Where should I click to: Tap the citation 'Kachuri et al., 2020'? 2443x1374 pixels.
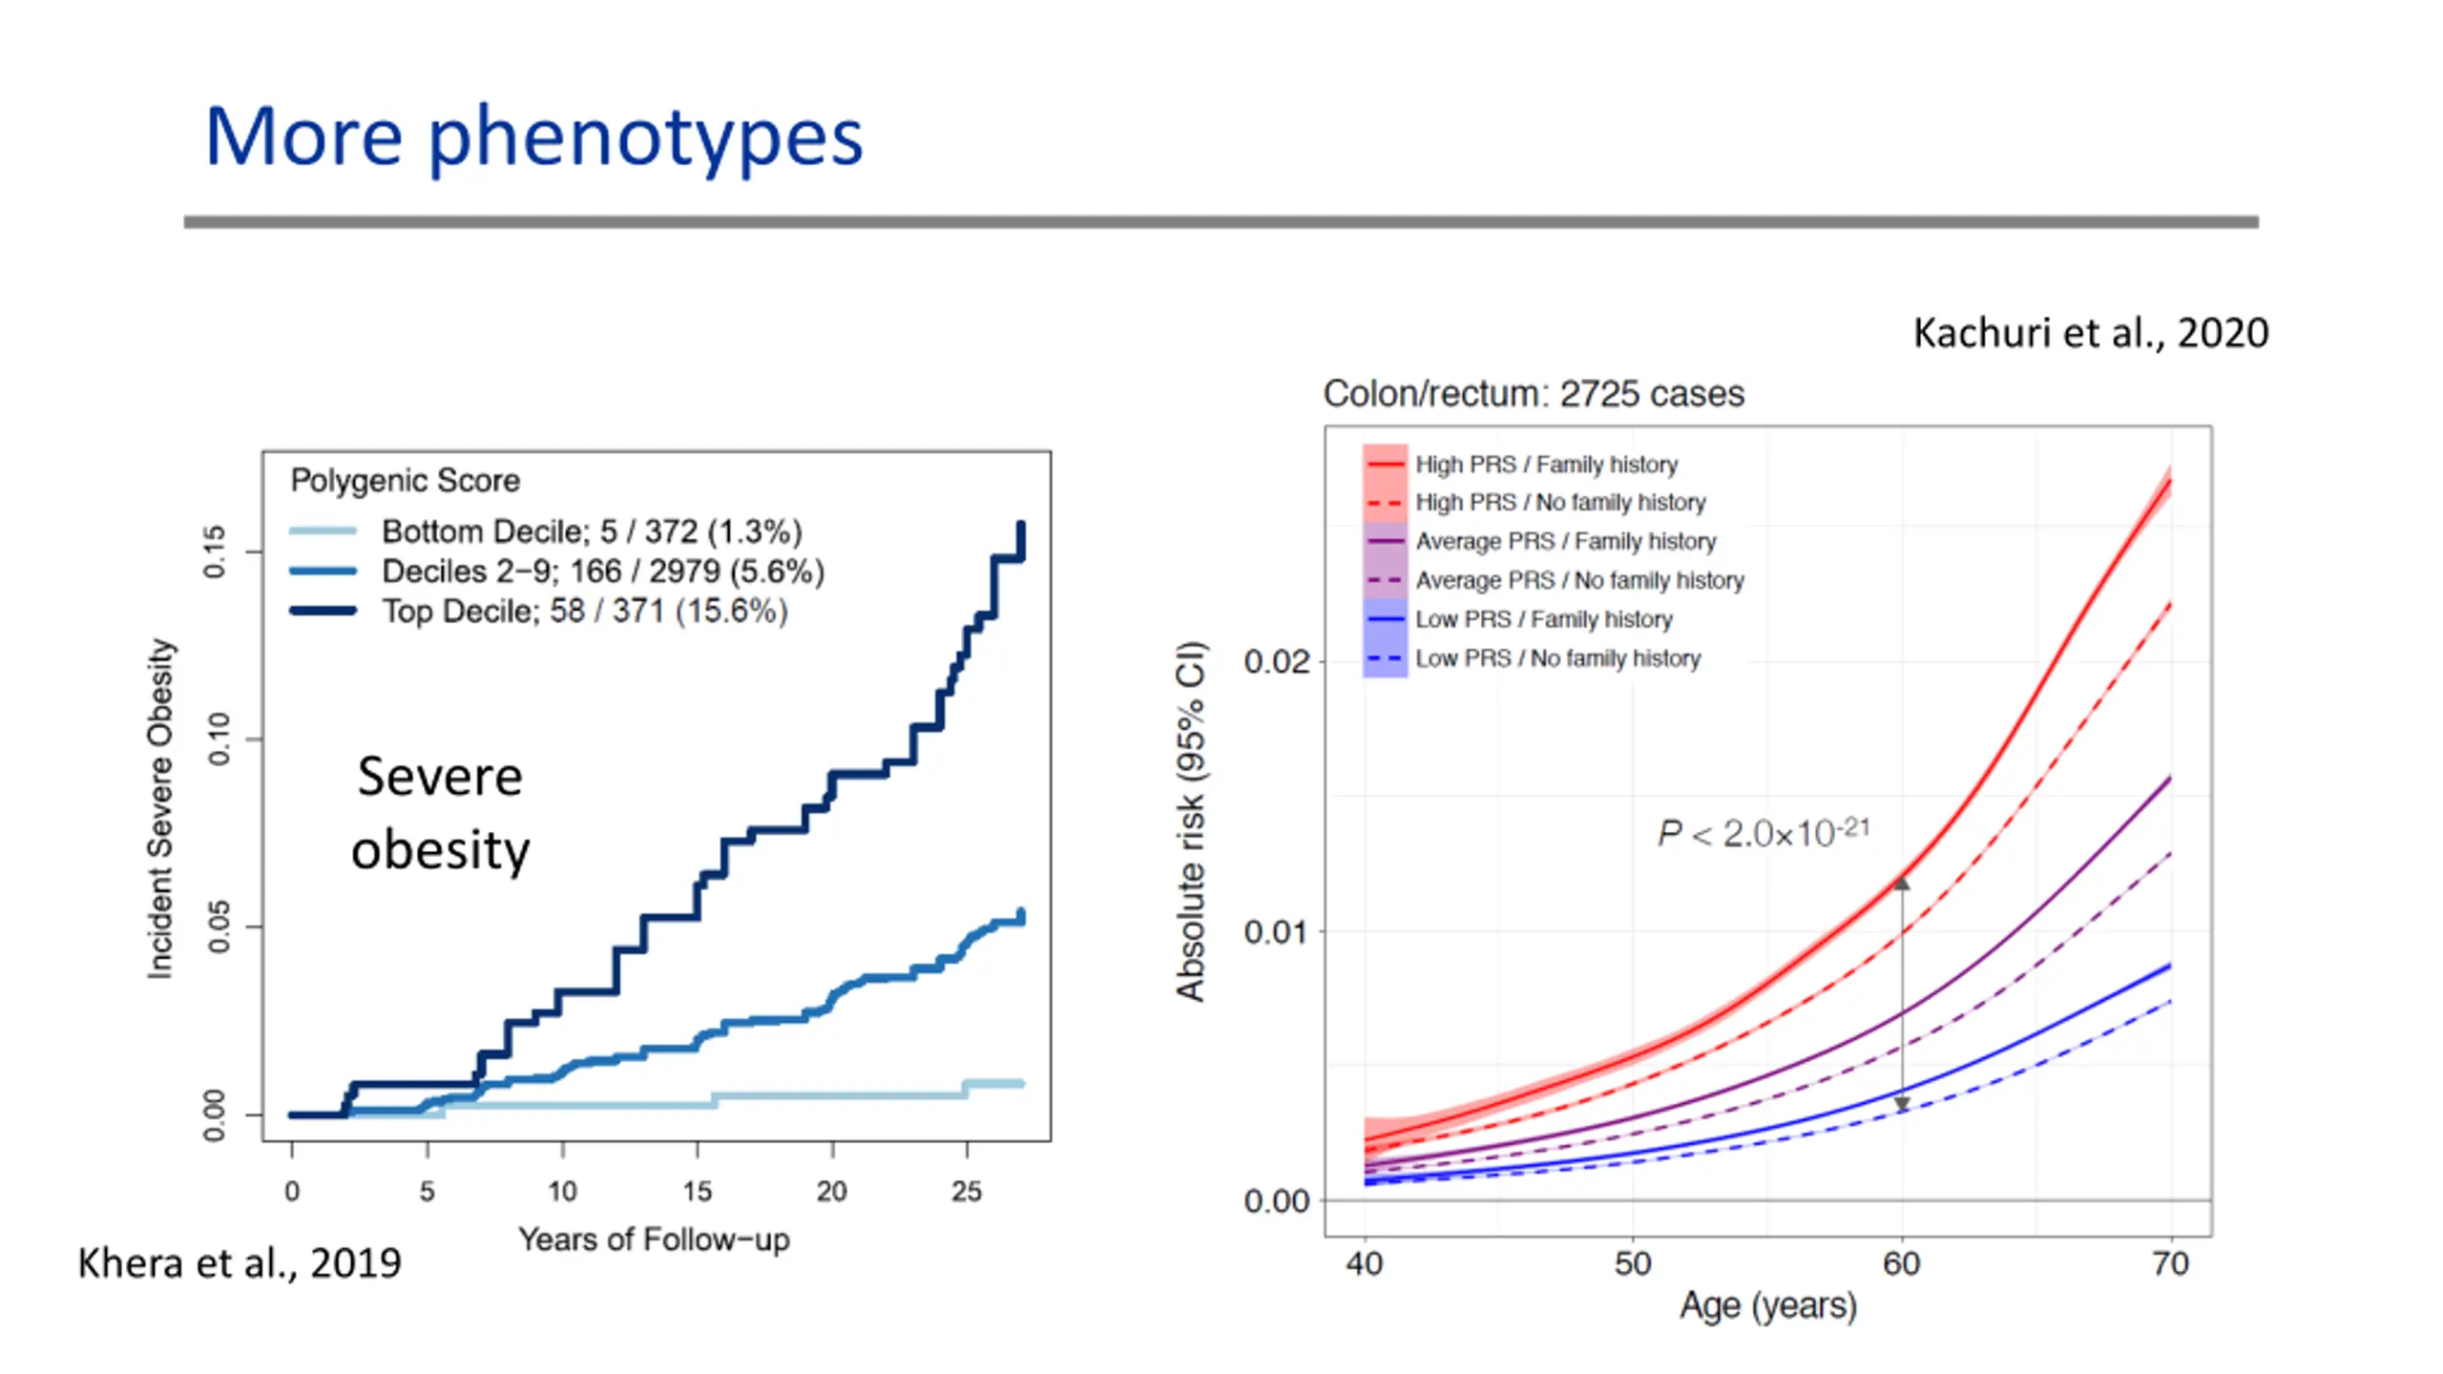point(2090,333)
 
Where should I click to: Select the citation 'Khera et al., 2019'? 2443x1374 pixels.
point(240,1262)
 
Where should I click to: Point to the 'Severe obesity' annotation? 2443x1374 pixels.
point(440,812)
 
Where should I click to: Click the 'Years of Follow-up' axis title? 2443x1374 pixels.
point(654,1239)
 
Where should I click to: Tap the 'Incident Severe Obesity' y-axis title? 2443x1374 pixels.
point(160,808)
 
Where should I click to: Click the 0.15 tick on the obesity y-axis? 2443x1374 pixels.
point(216,552)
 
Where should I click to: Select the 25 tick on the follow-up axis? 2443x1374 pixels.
point(967,1191)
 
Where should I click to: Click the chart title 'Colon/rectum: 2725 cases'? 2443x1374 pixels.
point(1534,393)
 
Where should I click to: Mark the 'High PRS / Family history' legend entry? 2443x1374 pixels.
point(1546,465)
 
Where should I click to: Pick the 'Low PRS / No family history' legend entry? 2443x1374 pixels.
point(1557,658)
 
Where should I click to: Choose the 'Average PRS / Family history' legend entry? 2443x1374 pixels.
point(1565,542)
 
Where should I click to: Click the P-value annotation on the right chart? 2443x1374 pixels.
point(1763,833)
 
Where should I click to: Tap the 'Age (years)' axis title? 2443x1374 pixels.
point(1768,1304)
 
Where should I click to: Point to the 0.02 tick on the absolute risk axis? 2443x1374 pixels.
point(1276,661)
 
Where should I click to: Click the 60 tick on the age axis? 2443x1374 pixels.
point(1901,1263)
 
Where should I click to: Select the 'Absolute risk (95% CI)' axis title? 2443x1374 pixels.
point(1191,822)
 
